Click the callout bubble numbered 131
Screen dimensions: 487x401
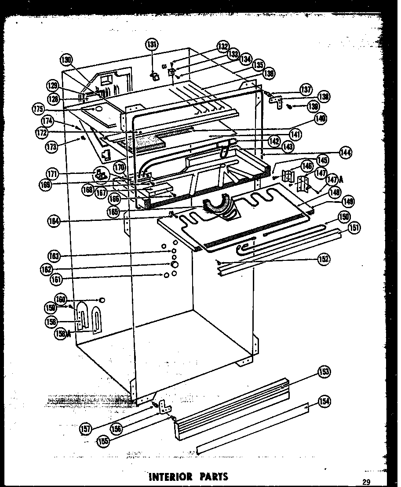(152, 44)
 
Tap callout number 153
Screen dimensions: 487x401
(324, 372)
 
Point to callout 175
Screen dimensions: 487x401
(39, 108)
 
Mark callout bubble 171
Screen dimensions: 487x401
(53, 174)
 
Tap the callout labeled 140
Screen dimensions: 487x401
(321, 118)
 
